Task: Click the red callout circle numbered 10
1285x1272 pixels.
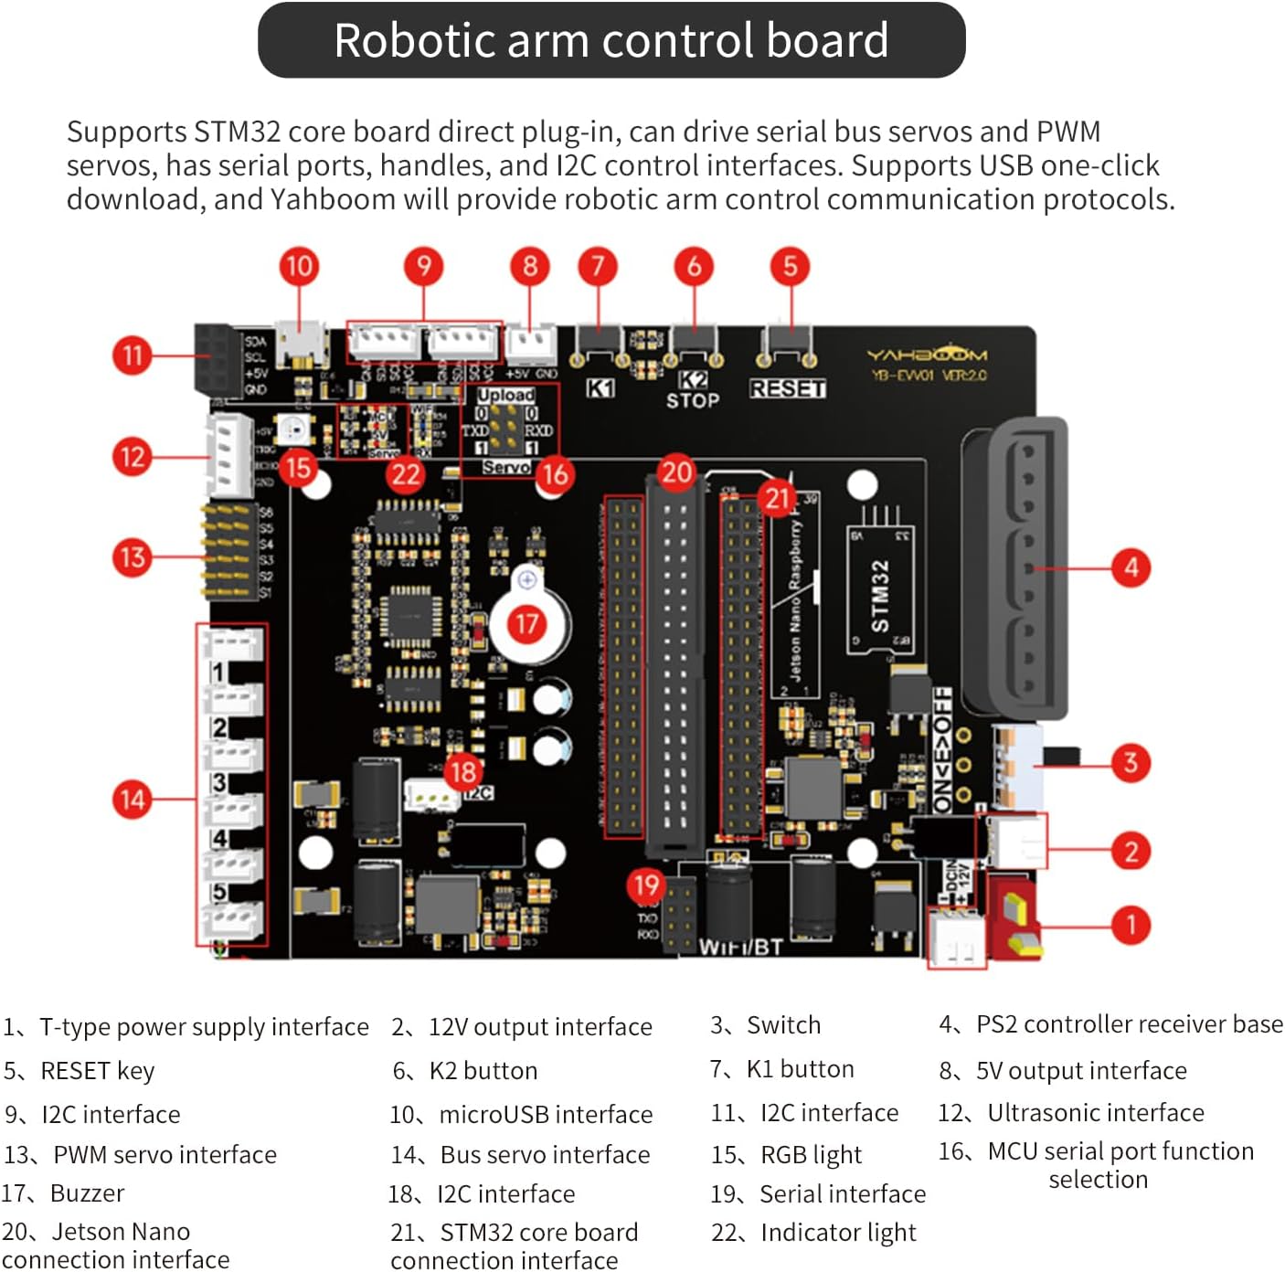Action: (x=299, y=267)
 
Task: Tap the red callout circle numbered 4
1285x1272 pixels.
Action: (x=1131, y=567)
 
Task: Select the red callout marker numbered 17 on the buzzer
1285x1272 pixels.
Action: (x=526, y=624)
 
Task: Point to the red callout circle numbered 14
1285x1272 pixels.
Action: (x=133, y=800)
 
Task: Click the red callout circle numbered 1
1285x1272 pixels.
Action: (x=1131, y=925)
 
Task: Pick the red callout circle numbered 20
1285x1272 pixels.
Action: (x=676, y=472)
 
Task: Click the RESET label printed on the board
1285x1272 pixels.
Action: (x=787, y=388)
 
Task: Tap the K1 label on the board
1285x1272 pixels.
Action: (x=600, y=388)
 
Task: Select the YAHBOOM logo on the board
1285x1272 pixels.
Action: (x=927, y=355)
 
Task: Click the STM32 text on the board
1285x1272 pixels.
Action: (x=879, y=595)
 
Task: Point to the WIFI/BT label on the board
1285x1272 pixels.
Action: (x=740, y=947)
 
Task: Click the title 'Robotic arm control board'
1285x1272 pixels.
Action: (x=611, y=40)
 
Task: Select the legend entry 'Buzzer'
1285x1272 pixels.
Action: (x=87, y=1193)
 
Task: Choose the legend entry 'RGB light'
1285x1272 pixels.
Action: (x=811, y=1155)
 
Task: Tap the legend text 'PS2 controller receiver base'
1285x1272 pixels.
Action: (x=1129, y=1024)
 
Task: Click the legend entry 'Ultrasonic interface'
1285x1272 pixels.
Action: (x=1095, y=1112)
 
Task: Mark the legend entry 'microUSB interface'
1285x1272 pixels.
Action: (x=546, y=1115)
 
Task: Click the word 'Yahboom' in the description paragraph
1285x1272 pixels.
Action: (x=333, y=199)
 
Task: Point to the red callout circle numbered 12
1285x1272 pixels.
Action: (x=133, y=457)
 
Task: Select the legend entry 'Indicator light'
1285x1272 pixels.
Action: (x=838, y=1233)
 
